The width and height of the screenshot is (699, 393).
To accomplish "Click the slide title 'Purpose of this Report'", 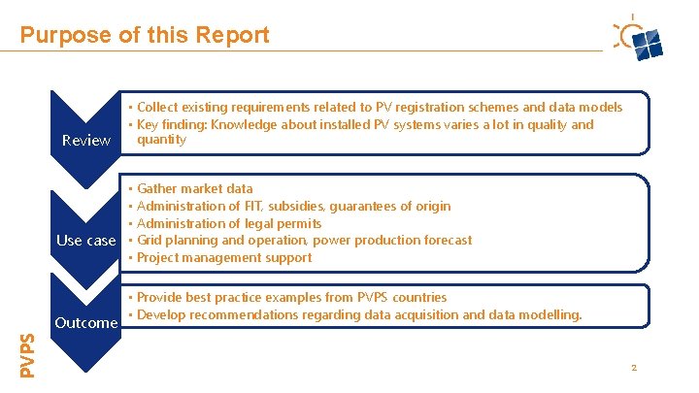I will [x=145, y=36].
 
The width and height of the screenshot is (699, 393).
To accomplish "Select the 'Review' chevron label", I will [x=85, y=141].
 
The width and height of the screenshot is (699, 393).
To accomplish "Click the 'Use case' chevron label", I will [x=85, y=241].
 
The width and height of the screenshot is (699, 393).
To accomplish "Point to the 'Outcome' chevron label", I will [x=85, y=322].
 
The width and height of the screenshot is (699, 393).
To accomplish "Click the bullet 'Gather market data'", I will [x=194, y=188].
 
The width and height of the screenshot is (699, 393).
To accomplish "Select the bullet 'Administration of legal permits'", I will [x=229, y=223].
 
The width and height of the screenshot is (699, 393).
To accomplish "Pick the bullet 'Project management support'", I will [x=224, y=257].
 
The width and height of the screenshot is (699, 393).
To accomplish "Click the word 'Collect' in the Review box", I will [x=159, y=107].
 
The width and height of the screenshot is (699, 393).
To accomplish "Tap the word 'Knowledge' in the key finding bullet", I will [x=249, y=124].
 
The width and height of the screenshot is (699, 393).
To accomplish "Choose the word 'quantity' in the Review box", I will [x=161, y=140].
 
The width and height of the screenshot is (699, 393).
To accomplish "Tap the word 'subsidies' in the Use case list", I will [x=299, y=206].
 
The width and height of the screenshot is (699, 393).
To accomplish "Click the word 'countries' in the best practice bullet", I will [x=418, y=297].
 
